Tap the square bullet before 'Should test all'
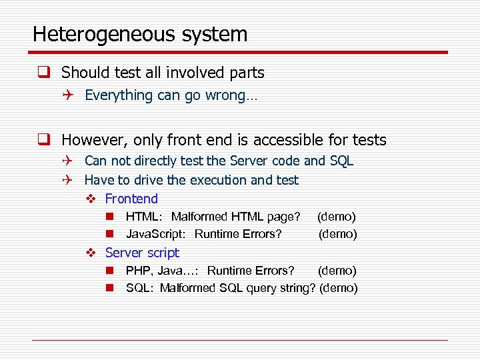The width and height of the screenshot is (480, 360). (44, 73)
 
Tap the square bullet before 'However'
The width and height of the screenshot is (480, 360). (44, 140)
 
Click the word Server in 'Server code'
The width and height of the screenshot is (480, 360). (245, 161)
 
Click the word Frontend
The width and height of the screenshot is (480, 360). (131, 199)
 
